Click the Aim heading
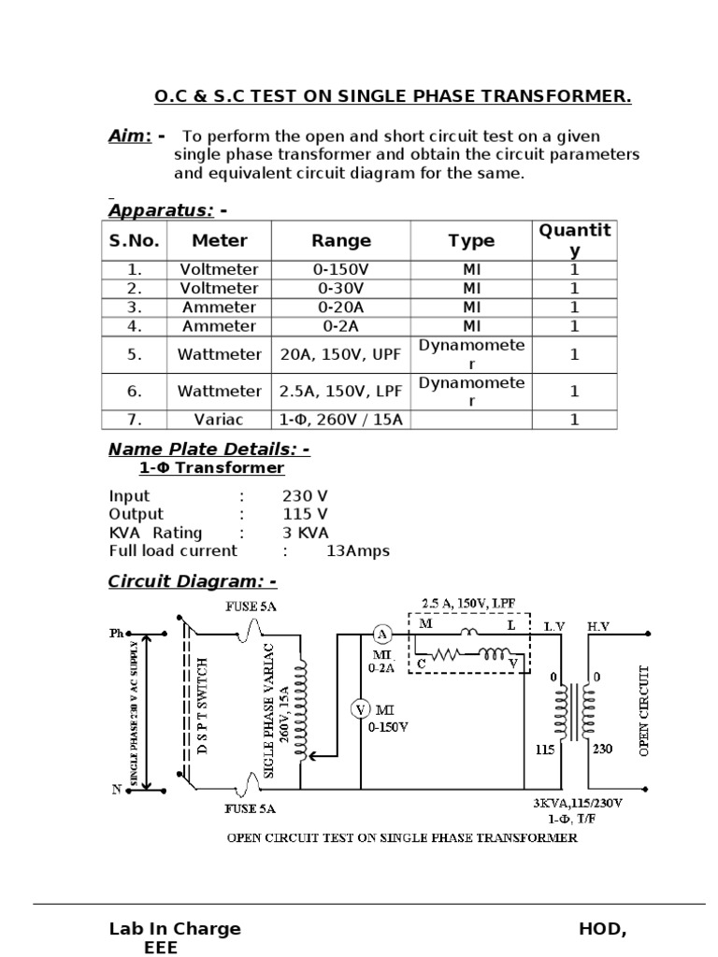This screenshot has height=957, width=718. click(130, 136)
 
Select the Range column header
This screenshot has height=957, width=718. click(341, 241)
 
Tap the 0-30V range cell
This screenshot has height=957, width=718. click(341, 289)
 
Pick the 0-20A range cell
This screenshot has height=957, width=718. click(341, 307)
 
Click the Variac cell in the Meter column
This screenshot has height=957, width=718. click(219, 420)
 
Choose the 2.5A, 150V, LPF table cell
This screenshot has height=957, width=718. click(341, 392)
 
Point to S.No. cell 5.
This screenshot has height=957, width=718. click(135, 354)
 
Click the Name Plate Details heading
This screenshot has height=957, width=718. click(209, 450)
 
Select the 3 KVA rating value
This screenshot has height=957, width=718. click(306, 533)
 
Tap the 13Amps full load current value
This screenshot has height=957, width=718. click(358, 551)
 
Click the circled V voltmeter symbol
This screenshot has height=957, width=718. click(360, 709)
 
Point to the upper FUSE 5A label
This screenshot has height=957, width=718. click(251, 607)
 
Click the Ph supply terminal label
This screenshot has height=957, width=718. click(117, 634)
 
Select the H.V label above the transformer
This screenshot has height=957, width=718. click(598, 625)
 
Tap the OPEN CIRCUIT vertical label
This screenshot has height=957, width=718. click(644, 710)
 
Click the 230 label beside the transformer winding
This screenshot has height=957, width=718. click(602, 748)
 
